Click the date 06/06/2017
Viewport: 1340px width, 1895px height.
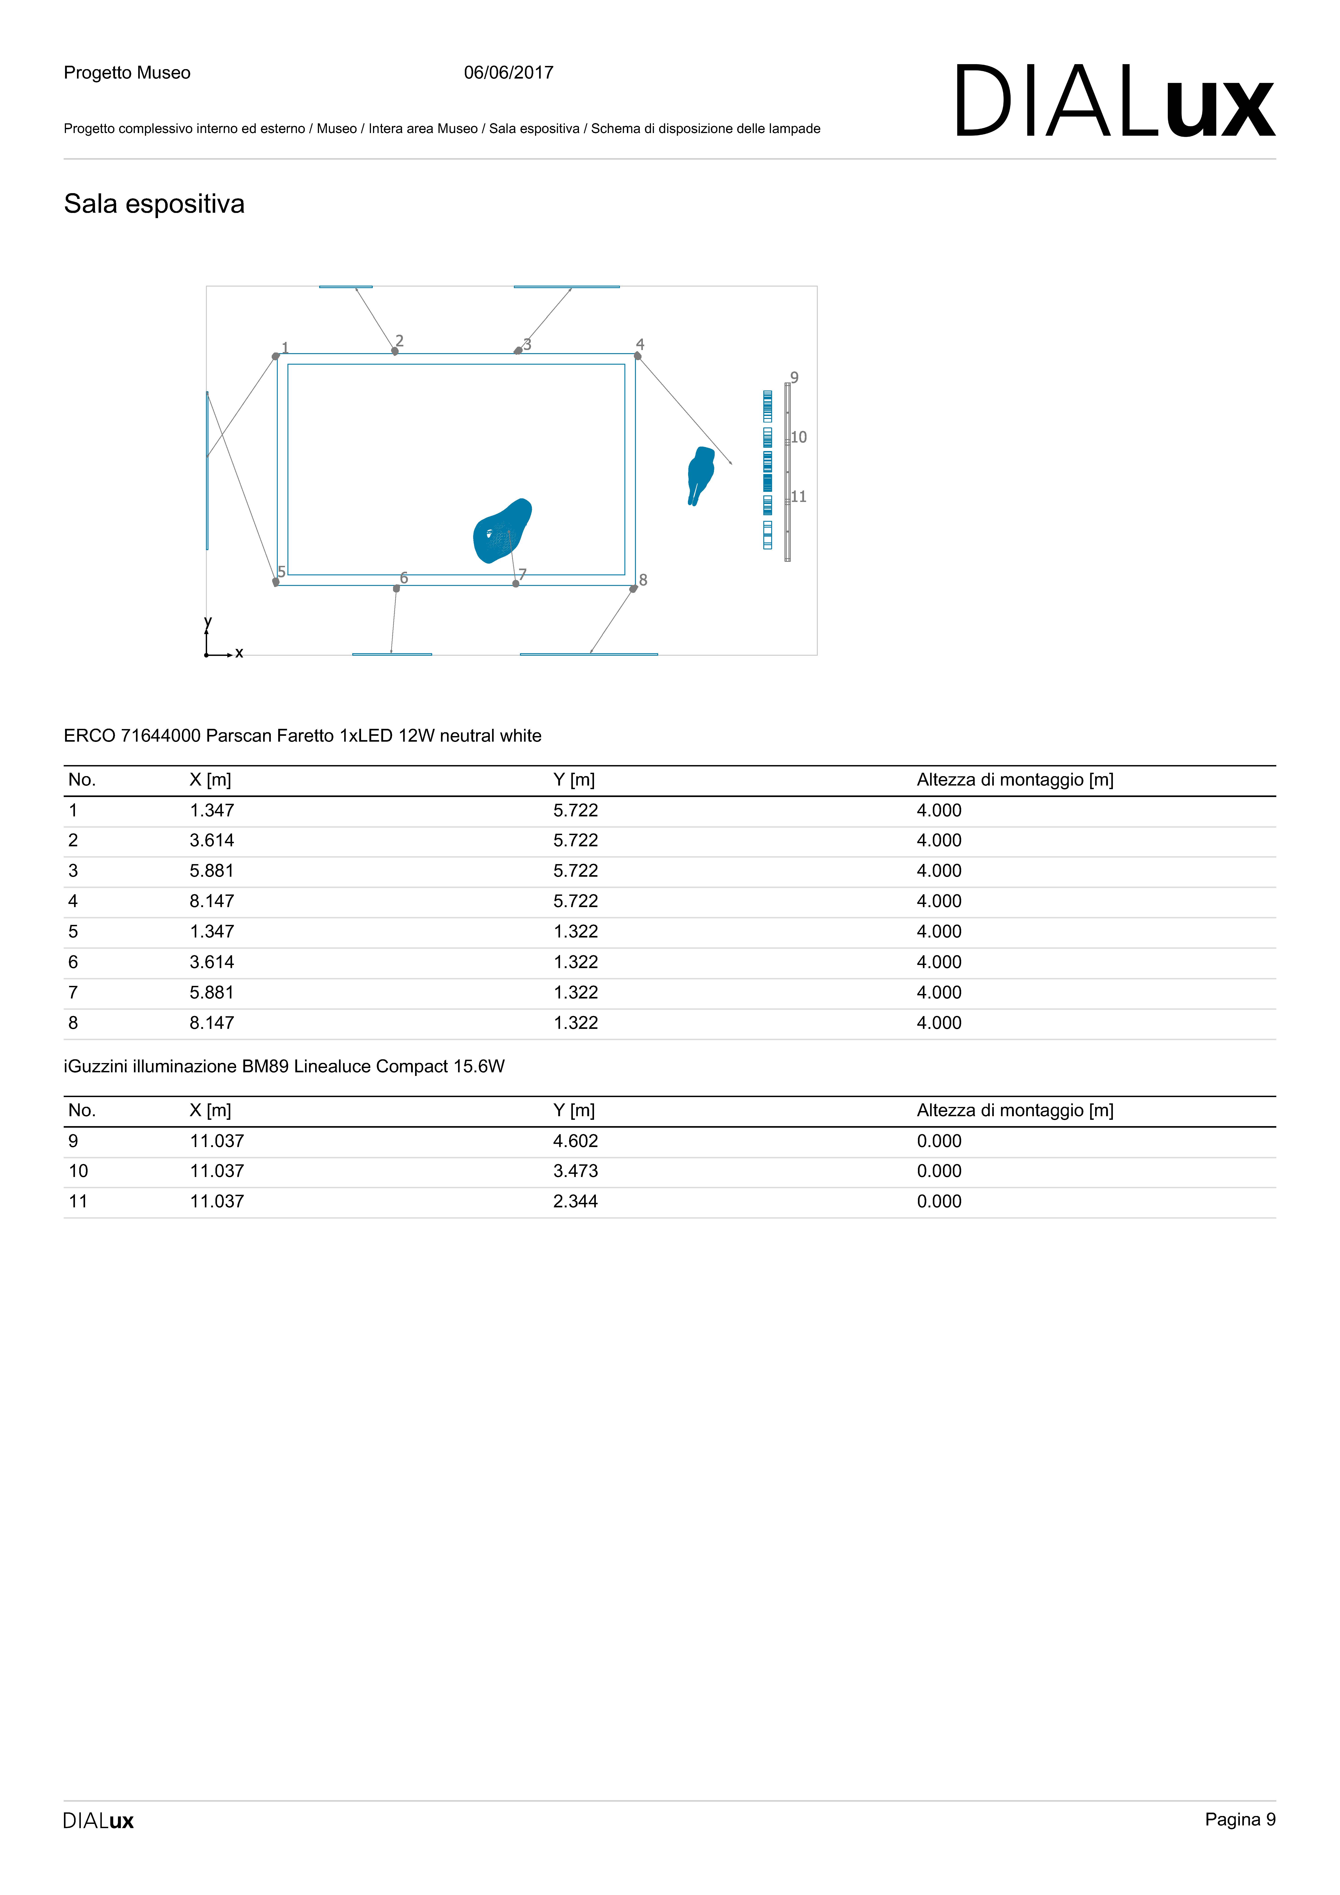click(x=508, y=73)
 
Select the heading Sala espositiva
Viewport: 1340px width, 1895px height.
click(x=154, y=204)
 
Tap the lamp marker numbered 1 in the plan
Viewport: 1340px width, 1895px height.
click(x=276, y=357)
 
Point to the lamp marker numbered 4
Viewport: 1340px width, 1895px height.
click(x=637, y=356)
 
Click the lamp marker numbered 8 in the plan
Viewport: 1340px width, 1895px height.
click(x=633, y=588)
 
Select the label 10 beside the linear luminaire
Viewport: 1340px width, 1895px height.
click(x=799, y=437)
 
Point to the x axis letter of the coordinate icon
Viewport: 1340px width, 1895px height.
click(x=240, y=653)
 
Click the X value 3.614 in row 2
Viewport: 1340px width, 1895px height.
click(x=212, y=840)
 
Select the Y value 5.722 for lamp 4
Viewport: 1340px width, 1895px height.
click(x=576, y=901)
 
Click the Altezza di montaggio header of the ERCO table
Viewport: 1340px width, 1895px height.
click(x=1015, y=780)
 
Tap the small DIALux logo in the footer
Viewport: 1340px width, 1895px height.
click(x=98, y=1821)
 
